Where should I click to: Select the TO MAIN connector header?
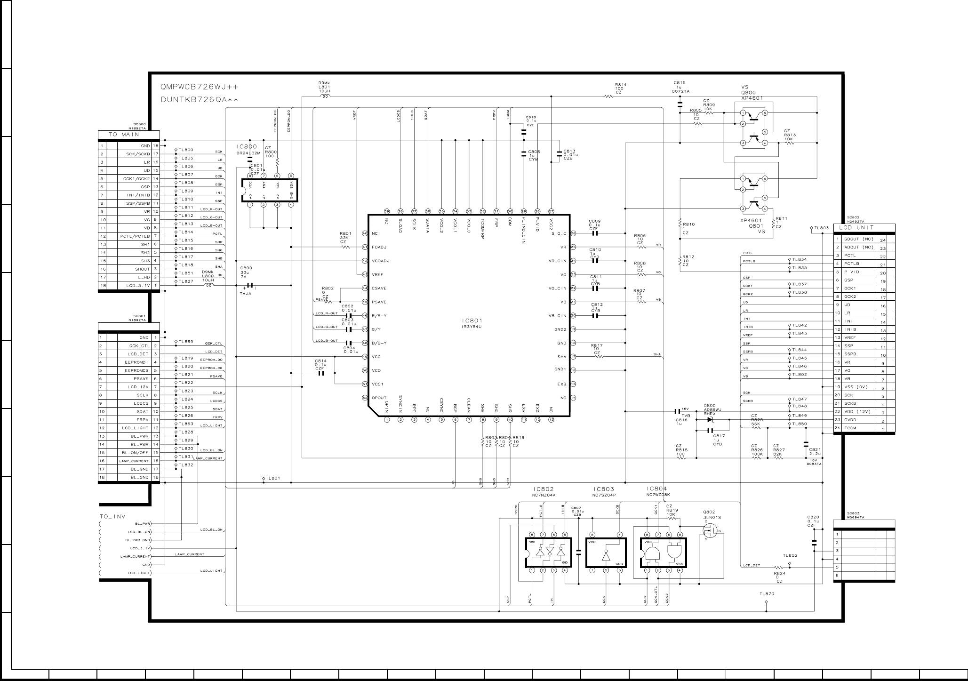[x=124, y=135]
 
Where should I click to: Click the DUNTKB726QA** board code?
[x=199, y=100]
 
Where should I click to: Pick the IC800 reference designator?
[x=247, y=147]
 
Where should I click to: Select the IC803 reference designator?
[x=604, y=489]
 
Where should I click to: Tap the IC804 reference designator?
[x=657, y=489]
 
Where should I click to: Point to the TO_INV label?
[x=113, y=516]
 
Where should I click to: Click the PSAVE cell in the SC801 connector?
[x=134, y=379]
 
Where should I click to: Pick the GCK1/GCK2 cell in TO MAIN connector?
[x=134, y=179]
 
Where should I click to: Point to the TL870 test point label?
[x=766, y=594]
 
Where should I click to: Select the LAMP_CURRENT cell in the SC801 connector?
[x=134, y=461]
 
